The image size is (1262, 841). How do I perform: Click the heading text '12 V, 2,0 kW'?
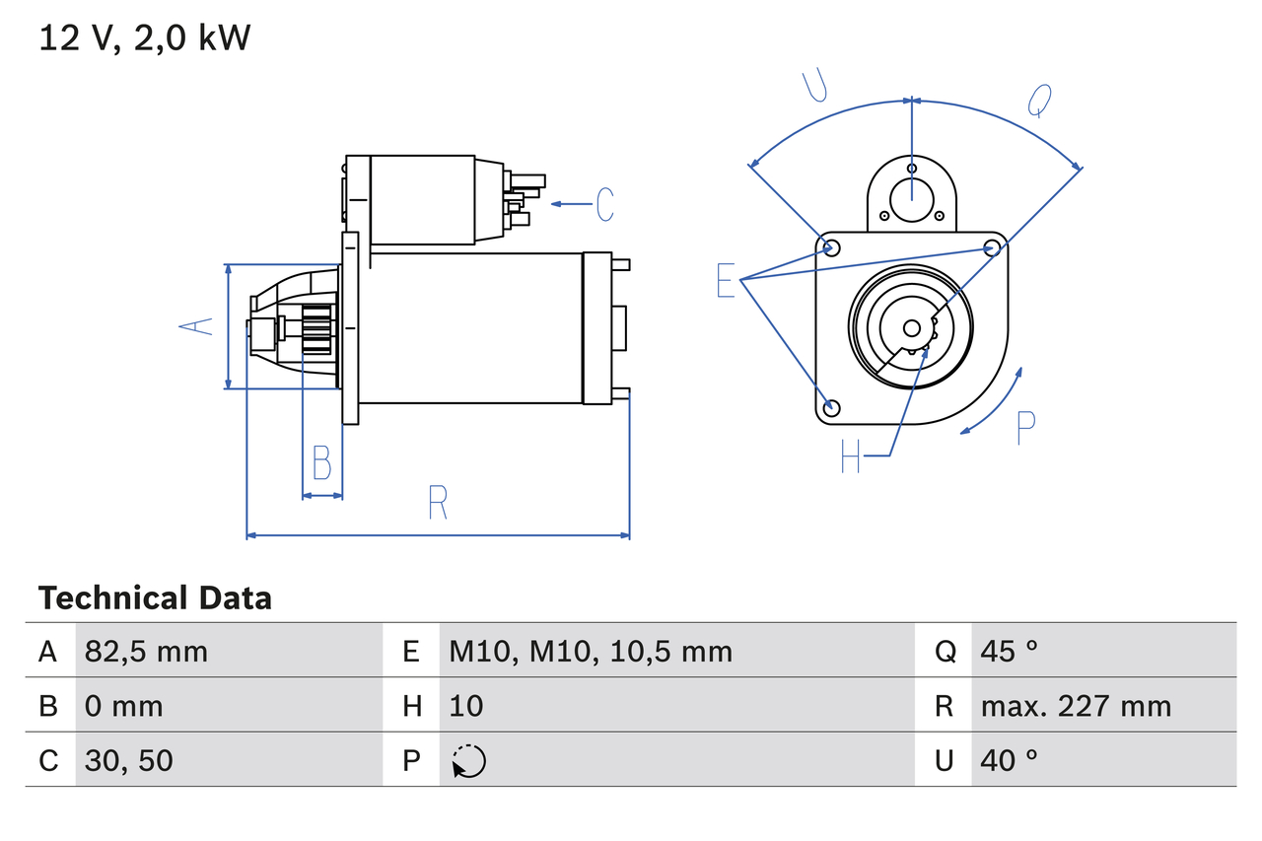[x=145, y=38]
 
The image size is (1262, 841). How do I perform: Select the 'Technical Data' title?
[x=155, y=598]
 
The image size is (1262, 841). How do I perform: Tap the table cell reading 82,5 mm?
[x=146, y=651]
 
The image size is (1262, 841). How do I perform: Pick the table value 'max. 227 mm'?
[x=1076, y=706]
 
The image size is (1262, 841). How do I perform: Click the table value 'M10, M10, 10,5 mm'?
[x=591, y=651]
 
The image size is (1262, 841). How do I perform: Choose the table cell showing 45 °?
[x=1010, y=651]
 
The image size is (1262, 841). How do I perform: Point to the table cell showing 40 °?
[x=1010, y=760]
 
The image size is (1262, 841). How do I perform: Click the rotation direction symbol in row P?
[x=468, y=761]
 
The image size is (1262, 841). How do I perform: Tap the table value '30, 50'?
[x=129, y=760]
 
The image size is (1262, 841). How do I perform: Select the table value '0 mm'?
[x=124, y=706]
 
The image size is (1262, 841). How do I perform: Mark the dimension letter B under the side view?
[x=321, y=462]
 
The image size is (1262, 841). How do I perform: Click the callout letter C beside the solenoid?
[x=604, y=204]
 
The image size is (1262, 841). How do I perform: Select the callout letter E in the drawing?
[x=726, y=281]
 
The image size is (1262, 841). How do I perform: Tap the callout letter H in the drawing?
[x=851, y=456]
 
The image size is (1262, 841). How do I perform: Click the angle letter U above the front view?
[x=813, y=87]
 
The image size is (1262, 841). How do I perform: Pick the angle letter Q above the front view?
[x=1039, y=99]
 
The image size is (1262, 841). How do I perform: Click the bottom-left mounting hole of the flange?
[x=832, y=407]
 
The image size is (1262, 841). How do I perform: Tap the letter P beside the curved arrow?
[x=1025, y=427]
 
